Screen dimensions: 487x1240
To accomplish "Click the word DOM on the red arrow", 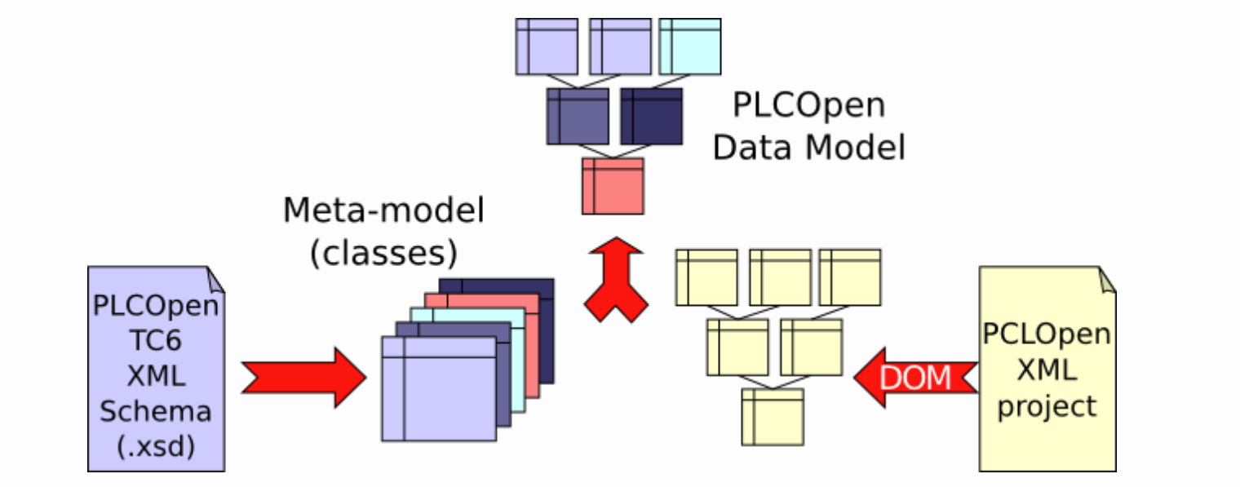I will coord(914,378).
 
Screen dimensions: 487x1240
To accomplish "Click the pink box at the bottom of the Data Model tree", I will coord(613,186).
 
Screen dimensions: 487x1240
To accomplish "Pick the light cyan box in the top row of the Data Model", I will coord(689,46).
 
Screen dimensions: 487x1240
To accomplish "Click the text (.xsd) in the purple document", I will coord(156,447).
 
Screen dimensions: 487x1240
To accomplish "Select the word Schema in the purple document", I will coord(156,411).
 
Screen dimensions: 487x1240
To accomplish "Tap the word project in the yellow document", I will coord(1047,405).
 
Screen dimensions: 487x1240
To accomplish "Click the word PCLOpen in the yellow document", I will coord(1047,334).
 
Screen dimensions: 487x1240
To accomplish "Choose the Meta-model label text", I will coord(383,210).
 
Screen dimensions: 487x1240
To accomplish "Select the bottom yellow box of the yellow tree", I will coord(773,416).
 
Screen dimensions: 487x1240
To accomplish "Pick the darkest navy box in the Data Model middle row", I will coord(651,117).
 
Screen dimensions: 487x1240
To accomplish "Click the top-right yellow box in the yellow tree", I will coord(850,277).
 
